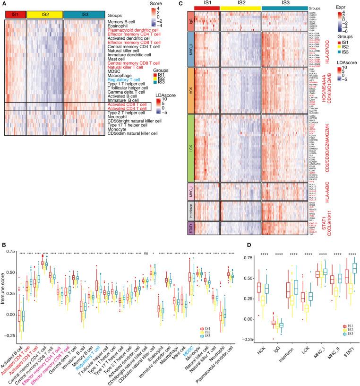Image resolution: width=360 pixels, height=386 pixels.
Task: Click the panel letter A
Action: click(x=4, y=4)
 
